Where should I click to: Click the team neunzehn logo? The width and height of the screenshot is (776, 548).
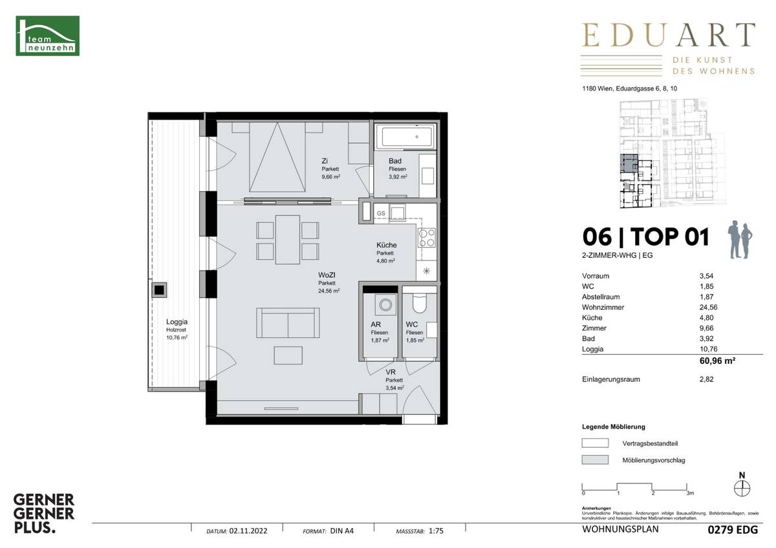47,36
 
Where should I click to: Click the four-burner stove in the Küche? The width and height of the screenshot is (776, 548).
426,238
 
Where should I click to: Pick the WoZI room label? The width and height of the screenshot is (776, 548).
327,275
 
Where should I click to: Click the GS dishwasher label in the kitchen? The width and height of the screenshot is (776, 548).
381,213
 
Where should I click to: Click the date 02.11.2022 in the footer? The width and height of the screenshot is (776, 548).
247,532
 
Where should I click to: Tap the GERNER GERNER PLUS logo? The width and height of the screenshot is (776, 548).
45,513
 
